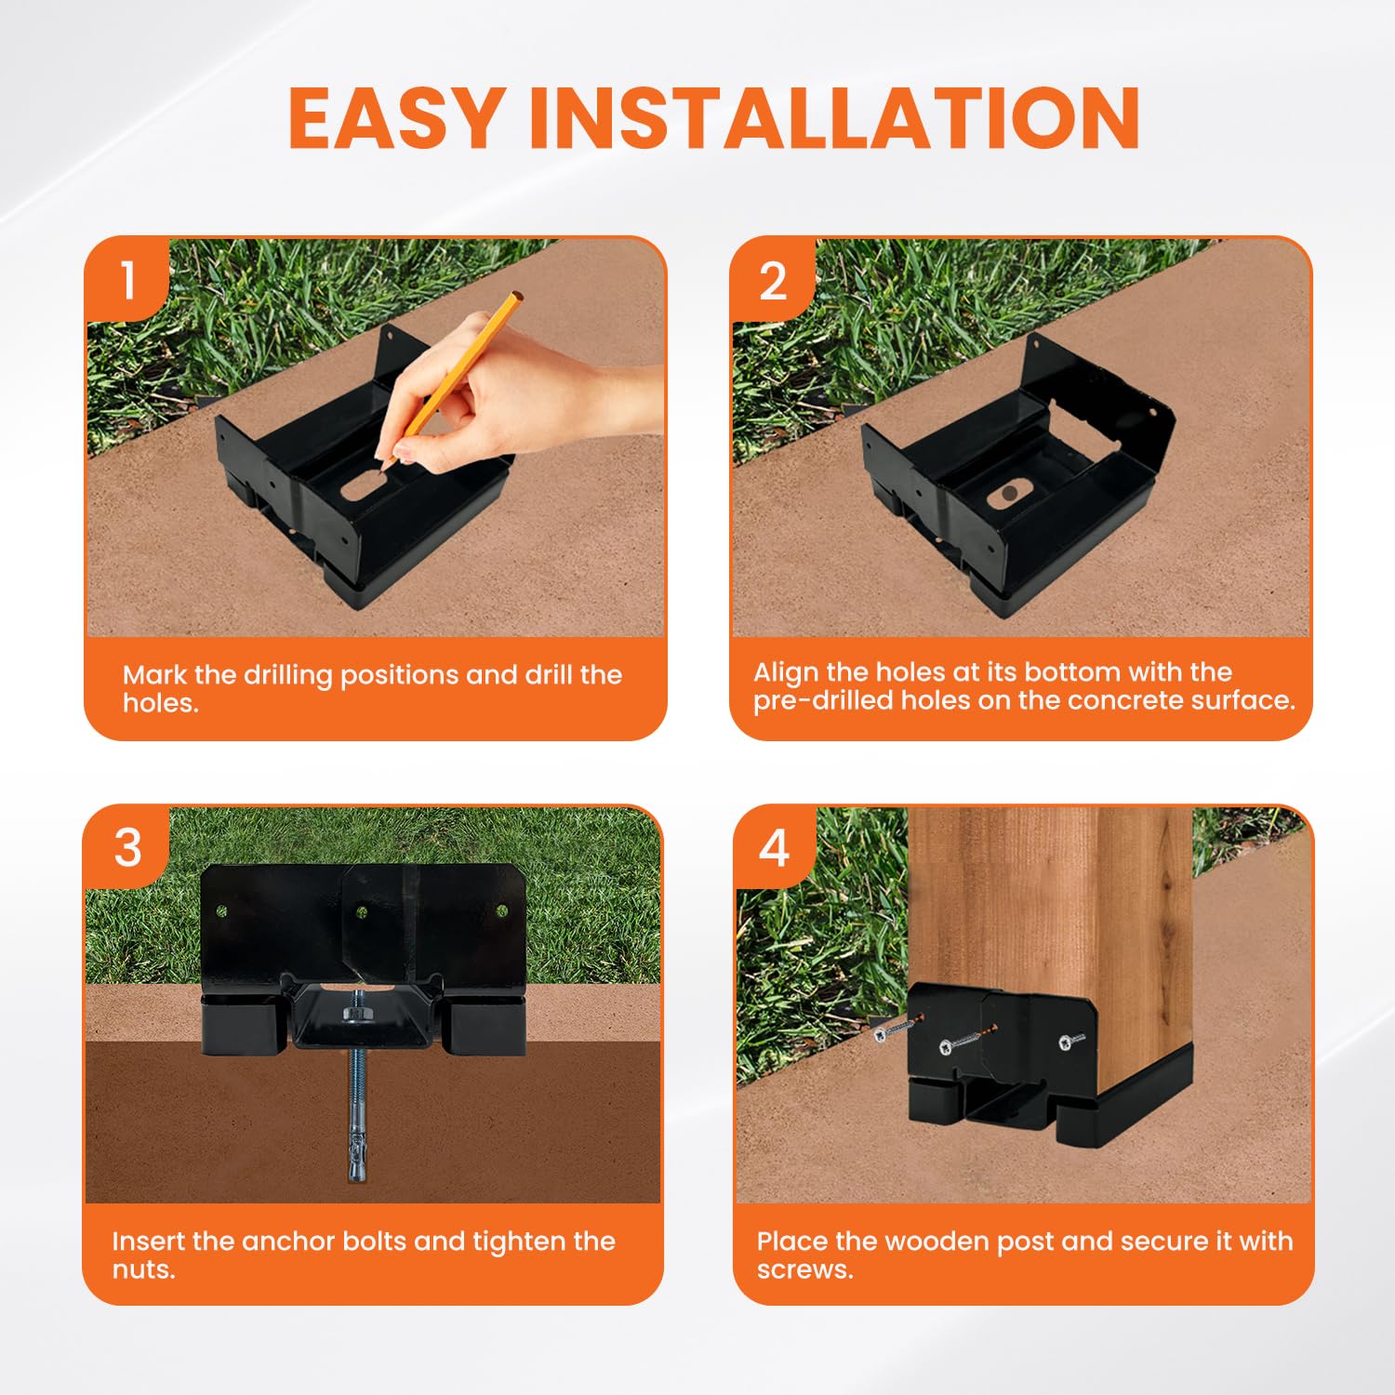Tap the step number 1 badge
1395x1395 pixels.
(127, 280)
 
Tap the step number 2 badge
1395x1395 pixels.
(773, 280)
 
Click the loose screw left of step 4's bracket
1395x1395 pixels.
(893, 1030)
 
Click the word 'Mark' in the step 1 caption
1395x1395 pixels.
(153, 674)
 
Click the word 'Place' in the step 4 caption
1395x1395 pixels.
(792, 1241)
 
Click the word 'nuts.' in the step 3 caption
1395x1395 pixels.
(143, 1269)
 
